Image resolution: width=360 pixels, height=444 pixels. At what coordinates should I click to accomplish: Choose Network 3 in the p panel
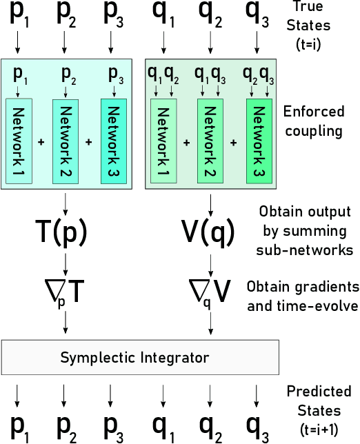pos(114,141)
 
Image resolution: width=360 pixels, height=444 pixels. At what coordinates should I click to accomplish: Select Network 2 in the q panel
pos(210,141)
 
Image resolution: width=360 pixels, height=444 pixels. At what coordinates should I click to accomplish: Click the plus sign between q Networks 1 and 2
pos(186,142)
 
